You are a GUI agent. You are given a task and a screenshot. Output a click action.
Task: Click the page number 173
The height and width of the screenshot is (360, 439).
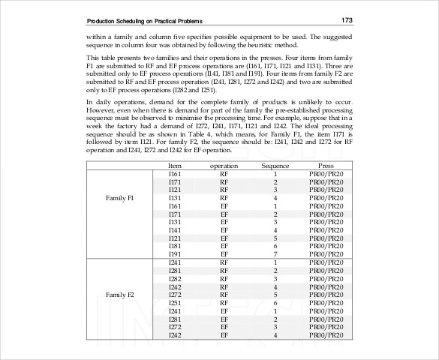[x=347, y=19]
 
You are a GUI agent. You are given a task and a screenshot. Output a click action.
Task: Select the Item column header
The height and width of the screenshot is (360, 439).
[x=175, y=165]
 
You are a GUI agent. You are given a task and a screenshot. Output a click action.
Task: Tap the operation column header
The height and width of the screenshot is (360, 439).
[x=224, y=165]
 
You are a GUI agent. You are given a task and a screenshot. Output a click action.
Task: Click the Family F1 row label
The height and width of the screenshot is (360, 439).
[x=120, y=198]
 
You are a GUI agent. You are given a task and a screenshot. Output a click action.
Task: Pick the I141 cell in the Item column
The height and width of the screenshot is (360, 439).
[x=175, y=229]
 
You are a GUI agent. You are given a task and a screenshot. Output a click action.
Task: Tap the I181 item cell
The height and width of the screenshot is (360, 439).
[x=175, y=245]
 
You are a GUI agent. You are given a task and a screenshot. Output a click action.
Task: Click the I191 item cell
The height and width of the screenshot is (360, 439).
[x=175, y=253]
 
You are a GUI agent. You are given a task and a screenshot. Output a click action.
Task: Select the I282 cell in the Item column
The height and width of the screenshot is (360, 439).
[x=175, y=278]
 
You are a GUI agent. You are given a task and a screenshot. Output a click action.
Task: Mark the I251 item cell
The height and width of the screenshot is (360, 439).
[x=175, y=302]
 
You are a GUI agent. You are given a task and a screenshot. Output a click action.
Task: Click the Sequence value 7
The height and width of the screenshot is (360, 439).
[x=275, y=253]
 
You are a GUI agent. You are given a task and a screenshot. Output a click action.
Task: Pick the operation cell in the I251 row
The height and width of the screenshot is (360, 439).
[x=224, y=302]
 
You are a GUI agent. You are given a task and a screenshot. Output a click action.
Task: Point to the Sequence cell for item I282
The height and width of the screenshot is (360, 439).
[x=275, y=278]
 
